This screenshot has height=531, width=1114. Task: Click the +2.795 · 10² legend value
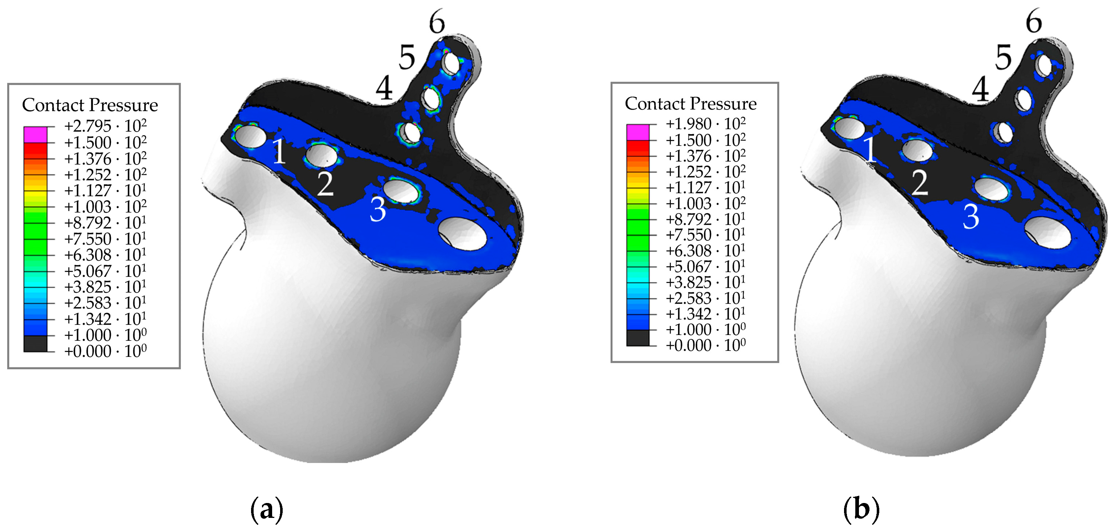tap(105, 125)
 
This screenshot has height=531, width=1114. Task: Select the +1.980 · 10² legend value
tap(705, 124)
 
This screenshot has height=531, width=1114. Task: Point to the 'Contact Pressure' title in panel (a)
tap(90, 105)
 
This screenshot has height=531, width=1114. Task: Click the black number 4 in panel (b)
tap(980, 89)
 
